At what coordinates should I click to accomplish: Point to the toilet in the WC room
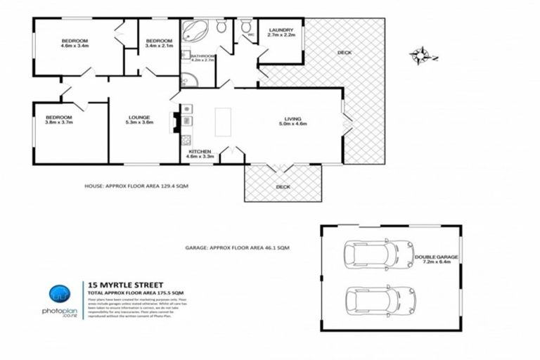point(246,27)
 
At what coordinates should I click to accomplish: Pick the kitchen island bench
point(223,121)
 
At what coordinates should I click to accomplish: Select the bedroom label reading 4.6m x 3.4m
point(75,44)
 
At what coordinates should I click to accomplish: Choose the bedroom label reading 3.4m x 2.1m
point(159,44)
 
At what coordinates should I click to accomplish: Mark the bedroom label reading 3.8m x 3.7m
point(59,120)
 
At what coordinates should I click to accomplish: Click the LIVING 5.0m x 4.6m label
point(292,121)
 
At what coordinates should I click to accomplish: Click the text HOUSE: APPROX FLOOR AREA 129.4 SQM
point(136,186)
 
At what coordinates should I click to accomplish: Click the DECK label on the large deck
point(344,53)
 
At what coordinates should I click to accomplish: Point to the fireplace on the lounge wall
point(174,122)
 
